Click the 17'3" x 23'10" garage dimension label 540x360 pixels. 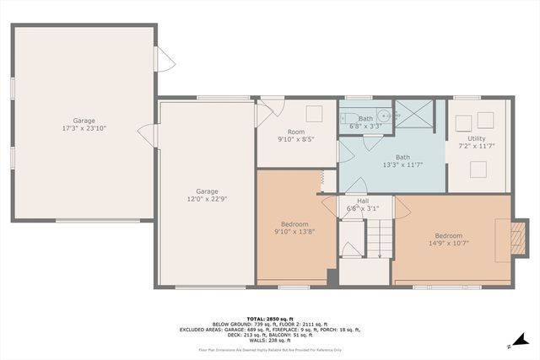pos(84,128)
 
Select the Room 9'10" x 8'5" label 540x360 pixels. pos(295,137)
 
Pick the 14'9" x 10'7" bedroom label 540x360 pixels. pos(448,240)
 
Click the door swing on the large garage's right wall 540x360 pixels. pos(166,59)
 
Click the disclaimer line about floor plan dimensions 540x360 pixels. pos(269,349)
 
